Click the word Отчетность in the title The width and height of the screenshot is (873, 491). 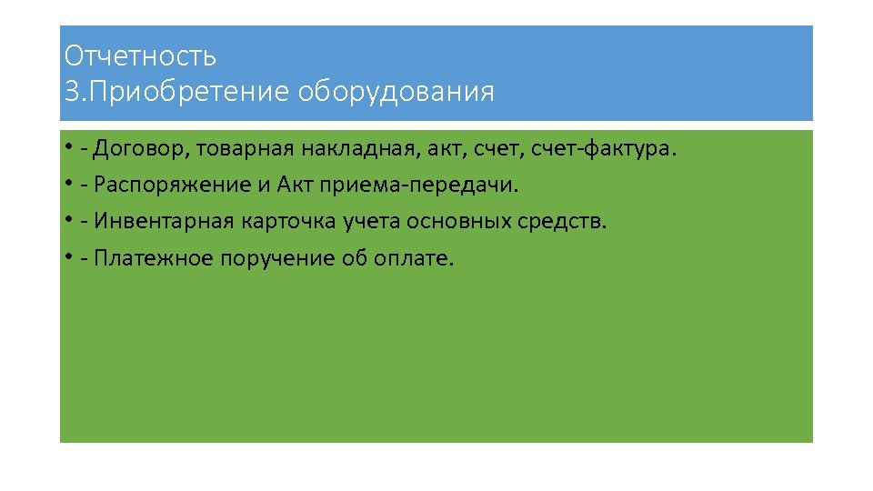click(140, 56)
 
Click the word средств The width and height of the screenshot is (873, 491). click(567, 222)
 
